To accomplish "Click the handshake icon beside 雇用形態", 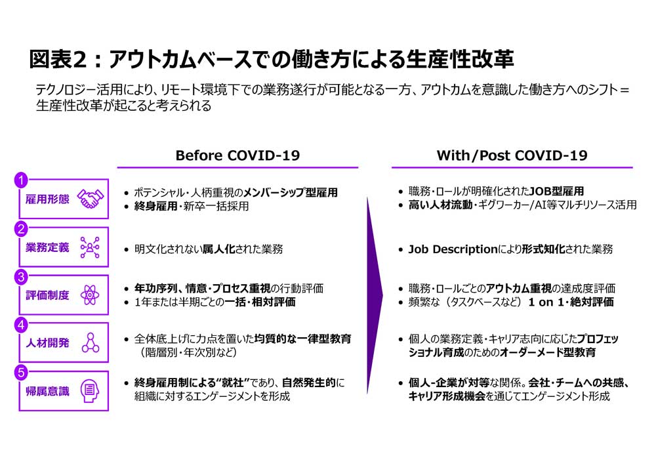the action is [x=91, y=199].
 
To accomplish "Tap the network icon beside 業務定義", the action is [x=90, y=247].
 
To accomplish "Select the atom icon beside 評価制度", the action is [x=90, y=295].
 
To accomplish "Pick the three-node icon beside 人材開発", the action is [x=91, y=342].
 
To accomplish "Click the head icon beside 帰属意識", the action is [x=90, y=391].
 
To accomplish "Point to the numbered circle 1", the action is [x=21, y=180].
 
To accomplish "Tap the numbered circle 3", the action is [x=21, y=277].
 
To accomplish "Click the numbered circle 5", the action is [x=21, y=372].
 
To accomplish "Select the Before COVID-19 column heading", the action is [x=237, y=155].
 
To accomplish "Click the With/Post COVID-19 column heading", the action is [x=512, y=155].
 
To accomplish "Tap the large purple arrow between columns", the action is [x=375, y=295].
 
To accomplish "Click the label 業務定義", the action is [x=47, y=247].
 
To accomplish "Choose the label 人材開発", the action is [x=47, y=343].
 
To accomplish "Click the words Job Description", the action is [x=453, y=249].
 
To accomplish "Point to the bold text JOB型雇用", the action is [x=556, y=192].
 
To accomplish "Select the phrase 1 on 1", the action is [x=546, y=302].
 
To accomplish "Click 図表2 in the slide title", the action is [x=58, y=59].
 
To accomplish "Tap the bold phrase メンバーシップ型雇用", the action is [x=291, y=192].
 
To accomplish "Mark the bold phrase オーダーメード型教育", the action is [x=548, y=352].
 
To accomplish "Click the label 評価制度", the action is [x=47, y=295].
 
